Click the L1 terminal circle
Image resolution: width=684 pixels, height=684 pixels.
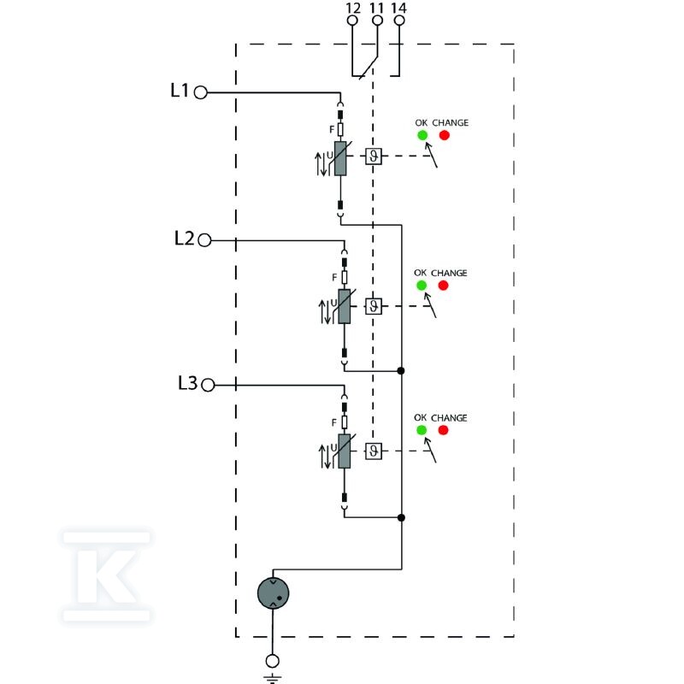pyautogui.click(x=200, y=92)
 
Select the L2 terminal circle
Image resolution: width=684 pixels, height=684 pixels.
pyautogui.click(x=204, y=240)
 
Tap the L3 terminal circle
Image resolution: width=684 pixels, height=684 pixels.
pyautogui.click(x=208, y=386)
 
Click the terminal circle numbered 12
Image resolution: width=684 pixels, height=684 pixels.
pyautogui.click(x=352, y=21)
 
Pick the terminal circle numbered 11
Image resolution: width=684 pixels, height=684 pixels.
pyautogui.click(x=377, y=21)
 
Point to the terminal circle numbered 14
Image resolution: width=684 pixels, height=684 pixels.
pyautogui.click(x=399, y=21)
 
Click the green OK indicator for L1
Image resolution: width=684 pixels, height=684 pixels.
pyautogui.click(x=422, y=135)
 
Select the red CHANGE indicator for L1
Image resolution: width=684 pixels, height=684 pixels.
pyautogui.click(x=444, y=135)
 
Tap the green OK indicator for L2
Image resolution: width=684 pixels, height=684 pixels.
pyautogui.click(x=422, y=286)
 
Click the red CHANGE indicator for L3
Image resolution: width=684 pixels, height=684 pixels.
pyautogui.click(x=443, y=430)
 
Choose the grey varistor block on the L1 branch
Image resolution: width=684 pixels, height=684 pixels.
pyautogui.click(x=340, y=158)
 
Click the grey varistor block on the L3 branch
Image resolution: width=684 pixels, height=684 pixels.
pyautogui.click(x=345, y=451)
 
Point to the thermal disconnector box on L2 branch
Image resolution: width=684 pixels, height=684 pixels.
pyautogui.click(x=374, y=306)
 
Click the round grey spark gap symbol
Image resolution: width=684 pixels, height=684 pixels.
pyautogui.click(x=273, y=593)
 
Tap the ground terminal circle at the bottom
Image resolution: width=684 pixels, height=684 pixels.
pyautogui.click(x=272, y=661)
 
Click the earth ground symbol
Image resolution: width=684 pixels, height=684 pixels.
pyautogui.click(x=272, y=678)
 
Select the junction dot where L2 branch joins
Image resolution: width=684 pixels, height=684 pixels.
pyautogui.click(x=401, y=371)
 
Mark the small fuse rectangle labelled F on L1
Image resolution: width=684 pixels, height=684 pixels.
pyautogui.click(x=340, y=130)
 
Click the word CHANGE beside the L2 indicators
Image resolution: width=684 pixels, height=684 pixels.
pyautogui.click(x=449, y=273)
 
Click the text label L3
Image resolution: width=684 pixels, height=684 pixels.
pyautogui.click(x=187, y=383)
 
